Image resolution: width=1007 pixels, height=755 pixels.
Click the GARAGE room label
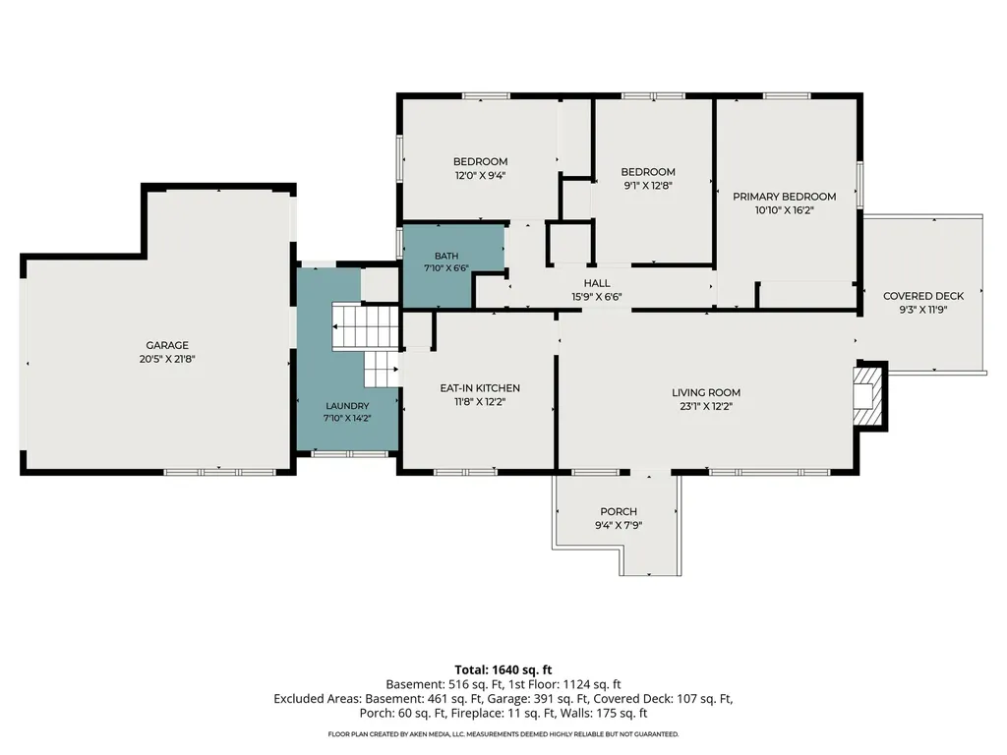click(x=167, y=345)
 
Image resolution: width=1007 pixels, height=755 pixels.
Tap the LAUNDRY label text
click(x=347, y=406)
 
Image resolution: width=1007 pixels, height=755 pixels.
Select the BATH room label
click(x=446, y=256)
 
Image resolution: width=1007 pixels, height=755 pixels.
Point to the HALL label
click(x=597, y=283)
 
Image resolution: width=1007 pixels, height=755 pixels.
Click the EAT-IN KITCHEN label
click(x=480, y=387)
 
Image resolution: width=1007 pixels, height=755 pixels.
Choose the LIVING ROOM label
click(x=706, y=392)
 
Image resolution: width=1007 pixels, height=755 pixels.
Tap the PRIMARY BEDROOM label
click(x=784, y=197)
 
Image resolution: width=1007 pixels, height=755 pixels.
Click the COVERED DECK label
click(x=923, y=296)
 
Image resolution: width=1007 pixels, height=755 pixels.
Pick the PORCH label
click(x=619, y=511)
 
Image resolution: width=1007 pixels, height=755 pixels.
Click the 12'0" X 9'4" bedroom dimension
click(x=480, y=175)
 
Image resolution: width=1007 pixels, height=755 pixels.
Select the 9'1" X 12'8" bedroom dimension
click(x=648, y=186)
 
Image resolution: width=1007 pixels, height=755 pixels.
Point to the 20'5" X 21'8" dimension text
click(x=167, y=360)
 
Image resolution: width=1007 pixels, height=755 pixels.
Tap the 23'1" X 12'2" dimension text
click(x=706, y=406)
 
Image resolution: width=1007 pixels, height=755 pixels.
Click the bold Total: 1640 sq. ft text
click(x=503, y=670)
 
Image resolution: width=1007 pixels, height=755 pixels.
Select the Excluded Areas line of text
click(x=503, y=699)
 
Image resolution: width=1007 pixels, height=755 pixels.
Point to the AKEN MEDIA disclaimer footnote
click(x=503, y=733)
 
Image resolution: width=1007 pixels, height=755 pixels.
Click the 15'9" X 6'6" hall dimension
click(x=597, y=297)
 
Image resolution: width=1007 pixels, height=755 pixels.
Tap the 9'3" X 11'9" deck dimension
click(x=923, y=310)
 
